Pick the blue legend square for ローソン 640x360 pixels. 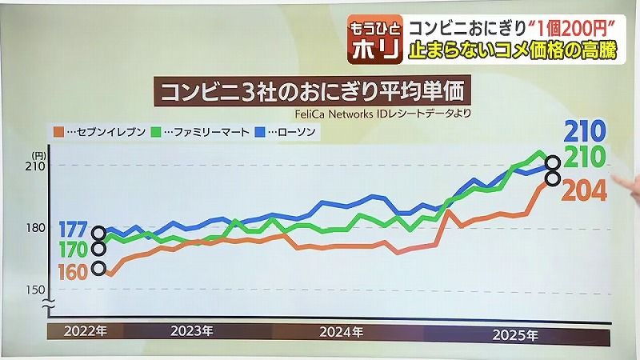pyautogui.click(x=261, y=130)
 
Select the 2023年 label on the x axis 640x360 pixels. pyautogui.click(x=193, y=330)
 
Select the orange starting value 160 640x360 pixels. pyautogui.click(x=72, y=271)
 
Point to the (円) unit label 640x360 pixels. pyautogui.click(x=38, y=154)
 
